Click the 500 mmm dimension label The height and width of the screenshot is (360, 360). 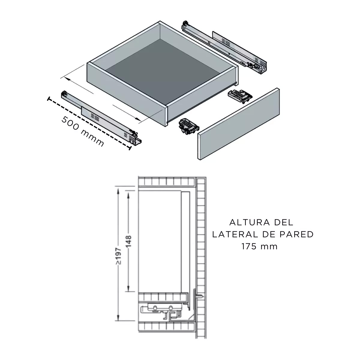82,131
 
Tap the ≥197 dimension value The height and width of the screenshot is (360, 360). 119,256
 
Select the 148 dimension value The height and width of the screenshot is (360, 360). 129,241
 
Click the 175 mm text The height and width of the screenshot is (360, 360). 259,247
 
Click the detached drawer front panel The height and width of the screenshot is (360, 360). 238,124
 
